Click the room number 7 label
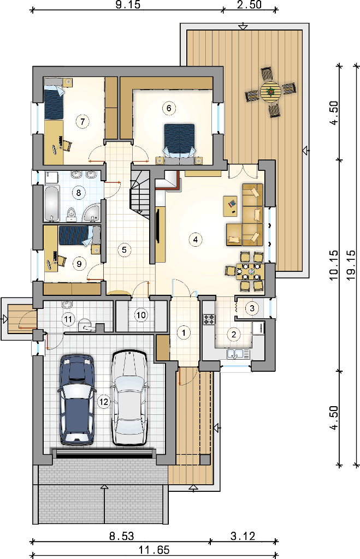coord(82,122)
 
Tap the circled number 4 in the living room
coord(195,240)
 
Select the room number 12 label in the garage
coord(103,402)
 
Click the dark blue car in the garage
coord(76,400)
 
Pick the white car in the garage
coord(129,398)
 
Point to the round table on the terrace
coord(270,92)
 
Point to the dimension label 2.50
coord(250,4)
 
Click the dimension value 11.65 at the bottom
coord(154,550)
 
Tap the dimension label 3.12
coord(243,536)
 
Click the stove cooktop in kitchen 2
coord(209,319)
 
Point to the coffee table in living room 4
coord(231,206)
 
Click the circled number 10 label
coord(141,315)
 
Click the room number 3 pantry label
coord(252,308)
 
